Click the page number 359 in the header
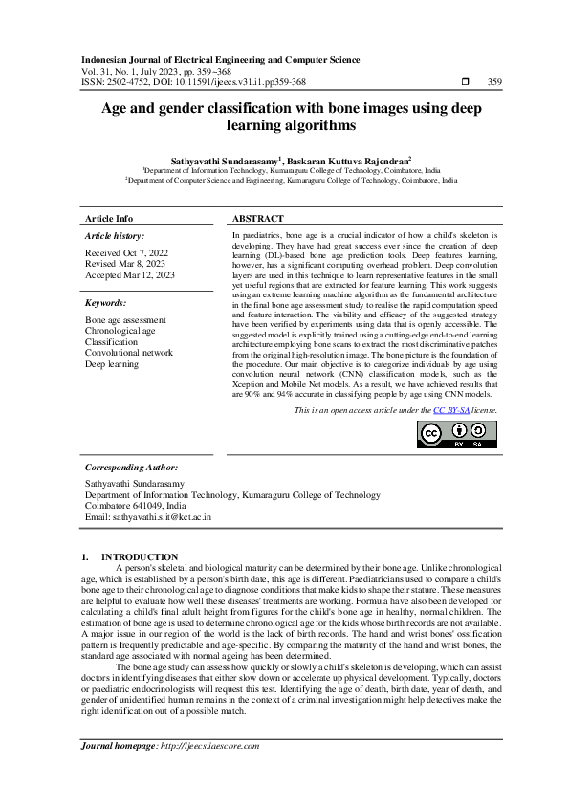[x=495, y=82]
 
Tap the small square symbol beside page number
[x=465, y=83]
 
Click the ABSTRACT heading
[x=258, y=219]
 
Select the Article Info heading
[x=109, y=219]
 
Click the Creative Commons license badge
[x=456, y=433]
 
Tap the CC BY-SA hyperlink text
[x=449, y=409]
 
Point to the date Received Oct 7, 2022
[x=128, y=252]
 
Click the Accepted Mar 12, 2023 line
[x=130, y=275]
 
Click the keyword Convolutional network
[x=129, y=353]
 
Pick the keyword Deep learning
[x=112, y=364]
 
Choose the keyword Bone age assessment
[x=125, y=319]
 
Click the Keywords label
[x=107, y=303]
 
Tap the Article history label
[x=115, y=235]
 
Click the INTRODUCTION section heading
[x=140, y=556]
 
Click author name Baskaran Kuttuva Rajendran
[x=349, y=163]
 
